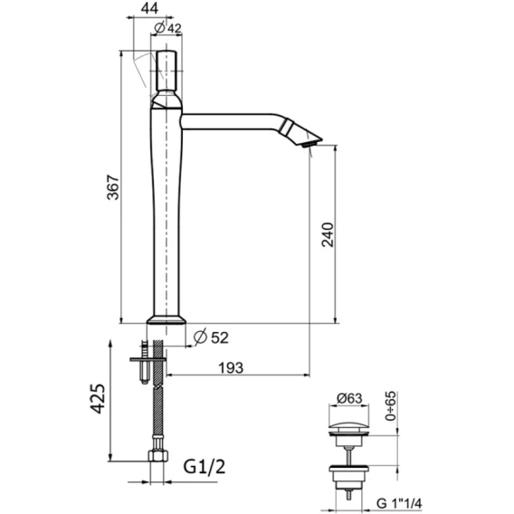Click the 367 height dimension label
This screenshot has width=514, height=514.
pos(113,187)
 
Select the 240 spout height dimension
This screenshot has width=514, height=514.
pos(328,234)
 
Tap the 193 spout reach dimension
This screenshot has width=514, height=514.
pos(231,367)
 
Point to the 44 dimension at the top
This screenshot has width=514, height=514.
pos(149,8)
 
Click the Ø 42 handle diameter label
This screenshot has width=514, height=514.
pos(167,28)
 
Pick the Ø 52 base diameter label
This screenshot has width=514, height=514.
pos(211,338)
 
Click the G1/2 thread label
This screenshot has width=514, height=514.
pos(205,467)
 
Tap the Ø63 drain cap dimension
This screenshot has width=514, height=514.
pos(349,398)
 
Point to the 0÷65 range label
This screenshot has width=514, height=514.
pos(390,405)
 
